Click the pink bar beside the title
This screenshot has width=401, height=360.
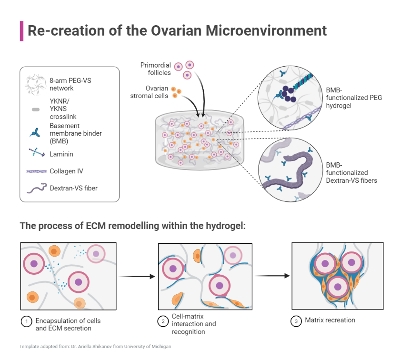(x=21, y=31)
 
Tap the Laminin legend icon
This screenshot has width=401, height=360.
(x=34, y=153)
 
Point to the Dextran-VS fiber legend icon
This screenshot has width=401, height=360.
(x=35, y=189)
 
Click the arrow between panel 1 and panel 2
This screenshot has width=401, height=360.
(x=137, y=276)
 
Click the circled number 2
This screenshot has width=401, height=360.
(x=162, y=321)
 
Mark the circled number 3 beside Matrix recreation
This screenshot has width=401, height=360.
(x=296, y=321)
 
